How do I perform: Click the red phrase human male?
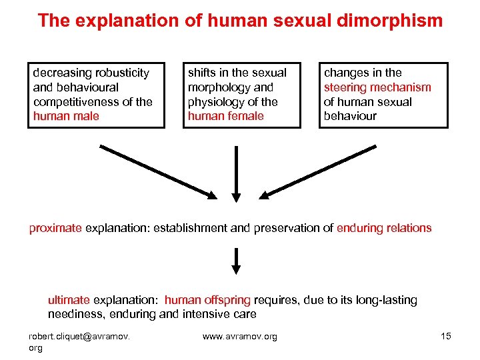pyautogui.click(x=66, y=116)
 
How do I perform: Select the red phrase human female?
pyautogui.click(x=226, y=116)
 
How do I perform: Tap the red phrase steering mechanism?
pyautogui.click(x=377, y=87)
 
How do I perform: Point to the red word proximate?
pyautogui.click(x=55, y=228)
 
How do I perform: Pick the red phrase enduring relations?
pyautogui.click(x=384, y=228)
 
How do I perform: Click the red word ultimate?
pyautogui.click(x=69, y=300)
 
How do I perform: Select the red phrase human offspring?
pyautogui.click(x=207, y=300)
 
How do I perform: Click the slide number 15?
pyautogui.click(x=446, y=336)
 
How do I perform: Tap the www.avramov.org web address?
pyautogui.click(x=239, y=336)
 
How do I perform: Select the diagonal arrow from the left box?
pyautogui.click(x=157, y=171)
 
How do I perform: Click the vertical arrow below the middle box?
pyautogui.click(x=236, y=171)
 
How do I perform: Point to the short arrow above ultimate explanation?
pyautogui.click(x=236, y=261)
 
